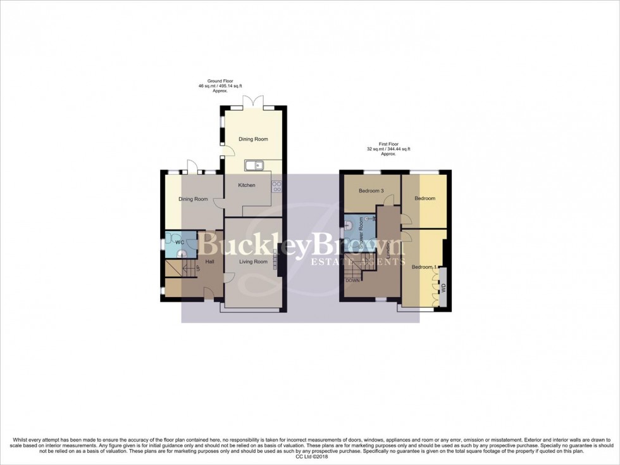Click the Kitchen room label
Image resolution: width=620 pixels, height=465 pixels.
(x=246, y=185)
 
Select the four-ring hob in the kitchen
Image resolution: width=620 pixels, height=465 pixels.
(x=276, y=186)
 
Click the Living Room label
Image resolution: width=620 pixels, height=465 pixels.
(x=253, y=262)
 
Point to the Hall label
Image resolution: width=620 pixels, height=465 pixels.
(x=208, y=261)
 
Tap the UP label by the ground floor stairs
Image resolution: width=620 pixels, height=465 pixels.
(x=198, y=269)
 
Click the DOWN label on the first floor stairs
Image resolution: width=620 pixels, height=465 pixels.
(x=353, y=280)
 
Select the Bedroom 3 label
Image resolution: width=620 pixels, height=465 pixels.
(x=371, y=191)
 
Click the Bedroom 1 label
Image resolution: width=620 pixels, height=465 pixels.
(x=425, y=267)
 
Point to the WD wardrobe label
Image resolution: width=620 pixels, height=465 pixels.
(x=443, y=287)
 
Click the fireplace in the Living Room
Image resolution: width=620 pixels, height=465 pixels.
(x=276, y=260)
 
